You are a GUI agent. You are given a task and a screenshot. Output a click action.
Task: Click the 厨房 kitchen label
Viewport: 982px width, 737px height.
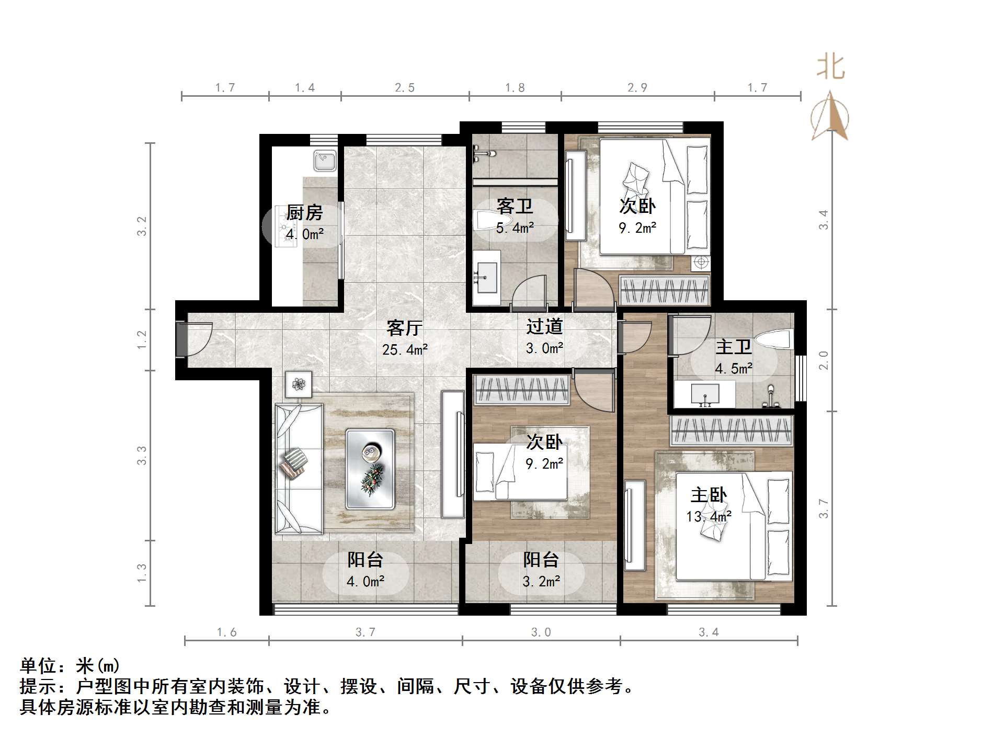click(x=304, y=213)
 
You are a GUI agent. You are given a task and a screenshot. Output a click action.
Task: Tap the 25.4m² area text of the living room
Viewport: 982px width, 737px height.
click(x=405, y=349)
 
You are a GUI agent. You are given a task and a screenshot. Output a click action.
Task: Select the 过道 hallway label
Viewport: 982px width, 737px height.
click(x=544, y=327)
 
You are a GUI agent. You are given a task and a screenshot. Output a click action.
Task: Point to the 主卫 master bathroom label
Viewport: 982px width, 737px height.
click(x=733, y=347)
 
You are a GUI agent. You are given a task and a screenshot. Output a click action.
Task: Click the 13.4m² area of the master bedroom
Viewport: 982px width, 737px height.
click(x=709, y=517)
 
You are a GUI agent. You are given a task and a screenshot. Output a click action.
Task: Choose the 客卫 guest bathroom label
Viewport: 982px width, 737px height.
click(x=515, y=207)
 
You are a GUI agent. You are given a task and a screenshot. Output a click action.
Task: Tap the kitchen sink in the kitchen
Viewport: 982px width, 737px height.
click(x=325, y=160)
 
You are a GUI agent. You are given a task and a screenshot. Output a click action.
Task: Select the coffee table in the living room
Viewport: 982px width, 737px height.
click(x=370, y=469)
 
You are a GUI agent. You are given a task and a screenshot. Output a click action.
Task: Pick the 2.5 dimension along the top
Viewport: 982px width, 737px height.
click(x=405, y=88)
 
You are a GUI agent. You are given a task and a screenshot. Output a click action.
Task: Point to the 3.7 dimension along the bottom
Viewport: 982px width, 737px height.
click(x=366, y=632)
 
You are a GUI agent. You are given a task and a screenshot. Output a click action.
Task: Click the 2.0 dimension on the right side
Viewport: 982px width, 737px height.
click(x=824, y=360)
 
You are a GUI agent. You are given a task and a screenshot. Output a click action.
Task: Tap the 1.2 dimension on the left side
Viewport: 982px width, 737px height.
click(x=142, y=340)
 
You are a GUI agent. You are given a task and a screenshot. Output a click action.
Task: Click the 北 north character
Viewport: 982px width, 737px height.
click(x=830, y=67)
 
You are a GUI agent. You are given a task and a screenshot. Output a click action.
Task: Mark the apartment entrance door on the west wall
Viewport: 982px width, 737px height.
click(x=181, y=339)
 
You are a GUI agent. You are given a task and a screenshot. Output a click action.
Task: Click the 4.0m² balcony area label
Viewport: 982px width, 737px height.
click(x=366, y=581)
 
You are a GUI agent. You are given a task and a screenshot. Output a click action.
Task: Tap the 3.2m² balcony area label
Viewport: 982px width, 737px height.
click(x=541, y=581)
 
